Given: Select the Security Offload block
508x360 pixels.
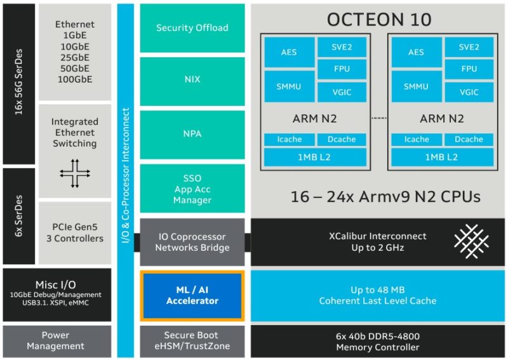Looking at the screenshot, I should [192, 28].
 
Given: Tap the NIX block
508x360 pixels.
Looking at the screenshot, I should [192, 80].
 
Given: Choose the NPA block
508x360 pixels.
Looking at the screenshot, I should [192, 134].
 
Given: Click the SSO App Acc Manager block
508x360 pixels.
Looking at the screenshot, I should [192, 189].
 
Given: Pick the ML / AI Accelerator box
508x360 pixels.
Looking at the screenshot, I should [192, 295].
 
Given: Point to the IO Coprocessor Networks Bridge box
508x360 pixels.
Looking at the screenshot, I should [192, 242].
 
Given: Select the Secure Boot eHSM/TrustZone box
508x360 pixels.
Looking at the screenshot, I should [192, 340].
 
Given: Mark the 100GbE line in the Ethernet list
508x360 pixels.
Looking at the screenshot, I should [74, 79].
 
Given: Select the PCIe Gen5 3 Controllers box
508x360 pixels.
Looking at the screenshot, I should [74, 232].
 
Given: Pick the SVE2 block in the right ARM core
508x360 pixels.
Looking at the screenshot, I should [469, 47].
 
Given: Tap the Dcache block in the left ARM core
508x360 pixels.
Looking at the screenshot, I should [342, 140].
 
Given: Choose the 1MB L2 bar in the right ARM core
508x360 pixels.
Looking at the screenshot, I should [442, 157].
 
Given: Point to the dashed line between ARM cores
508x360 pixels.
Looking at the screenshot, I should [379, 118].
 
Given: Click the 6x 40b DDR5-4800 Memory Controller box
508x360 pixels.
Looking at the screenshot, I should [377, 342].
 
